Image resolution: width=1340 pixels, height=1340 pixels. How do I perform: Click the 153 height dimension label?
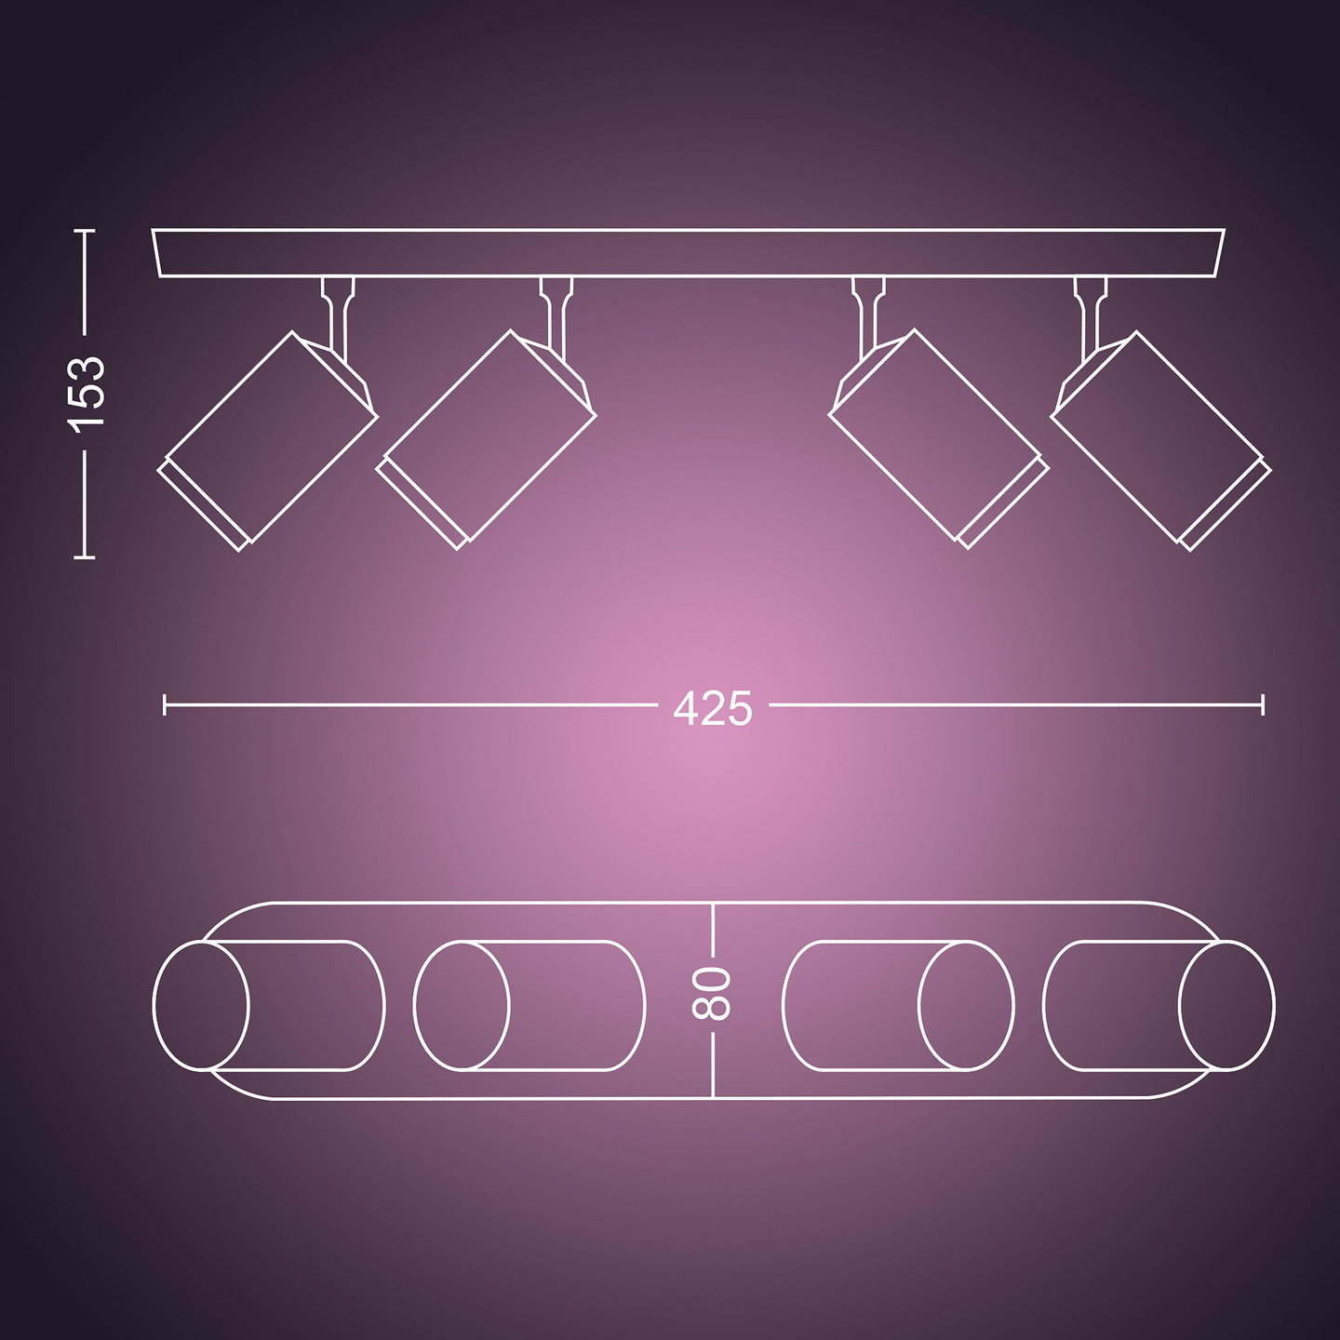point(88,393)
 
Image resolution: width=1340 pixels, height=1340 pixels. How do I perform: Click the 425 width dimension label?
point(713,708)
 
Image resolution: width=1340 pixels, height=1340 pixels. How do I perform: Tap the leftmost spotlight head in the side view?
point(268,437)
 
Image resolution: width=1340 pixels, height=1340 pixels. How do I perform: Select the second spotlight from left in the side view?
point(487,435)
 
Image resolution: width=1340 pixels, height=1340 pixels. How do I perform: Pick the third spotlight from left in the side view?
point(939,435)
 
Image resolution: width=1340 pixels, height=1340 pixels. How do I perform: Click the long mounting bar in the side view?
point(689,253)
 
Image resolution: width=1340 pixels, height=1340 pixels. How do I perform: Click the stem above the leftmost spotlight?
point(338,312)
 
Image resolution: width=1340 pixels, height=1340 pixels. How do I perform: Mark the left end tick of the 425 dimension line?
point(165,704)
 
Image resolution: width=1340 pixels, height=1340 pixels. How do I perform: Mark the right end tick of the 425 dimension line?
point(1263,704)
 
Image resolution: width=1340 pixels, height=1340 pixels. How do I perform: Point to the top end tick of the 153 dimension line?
point(85,231)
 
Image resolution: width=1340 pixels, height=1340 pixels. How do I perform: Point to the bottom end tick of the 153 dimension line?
point(85,556)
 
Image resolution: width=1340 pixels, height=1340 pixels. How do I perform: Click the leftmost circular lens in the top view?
point(201,1006)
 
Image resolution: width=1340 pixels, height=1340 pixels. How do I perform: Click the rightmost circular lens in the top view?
point(1226,1006)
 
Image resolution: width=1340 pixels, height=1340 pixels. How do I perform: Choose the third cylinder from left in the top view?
point(898,1006)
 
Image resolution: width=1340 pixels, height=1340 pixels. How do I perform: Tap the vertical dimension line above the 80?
point(713,931)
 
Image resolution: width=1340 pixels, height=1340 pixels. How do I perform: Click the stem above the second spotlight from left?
point(556,312)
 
